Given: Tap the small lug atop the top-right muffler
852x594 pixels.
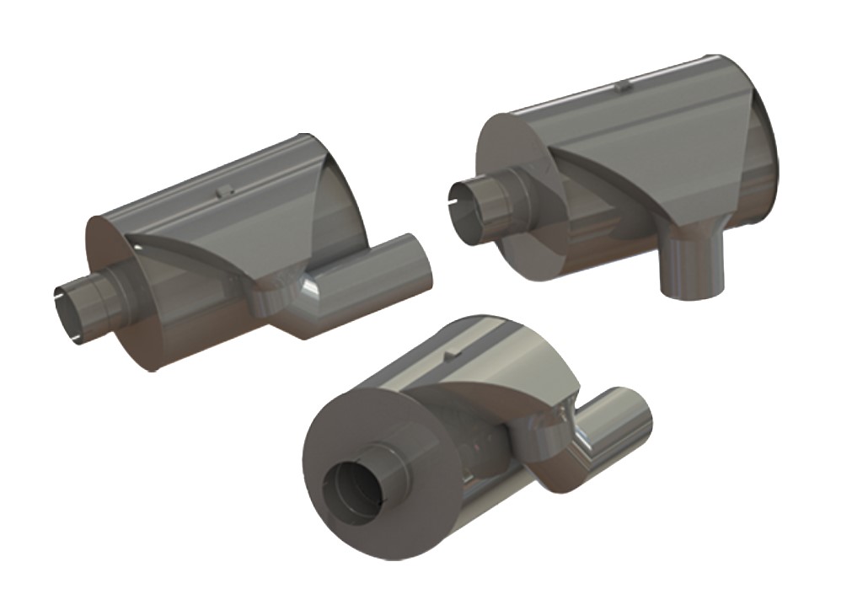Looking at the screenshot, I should [x=622, y=85].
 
